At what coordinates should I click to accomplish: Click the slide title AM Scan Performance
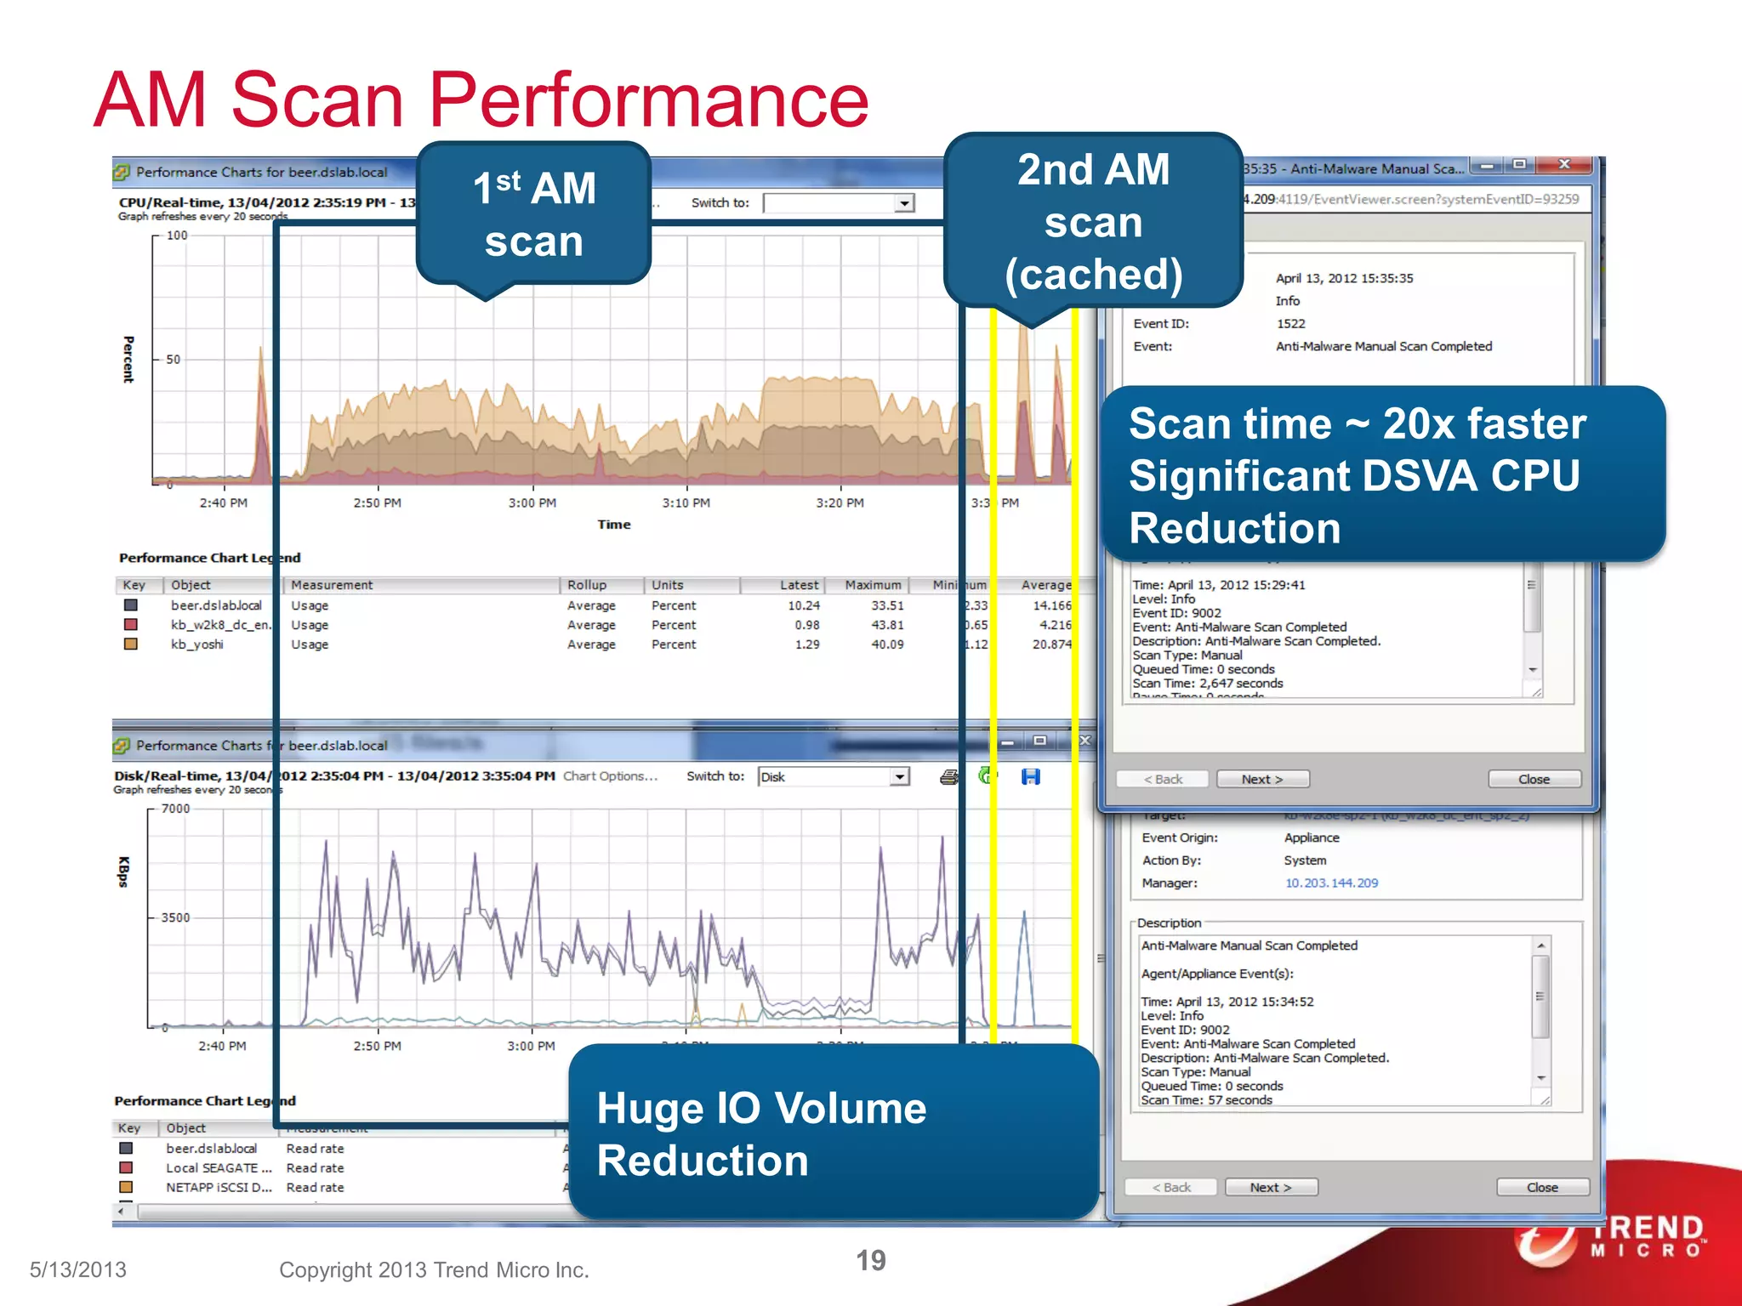click(481, 100)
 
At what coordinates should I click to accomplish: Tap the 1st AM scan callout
click(534, 214)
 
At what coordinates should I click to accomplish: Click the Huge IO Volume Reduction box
click(834, 1133)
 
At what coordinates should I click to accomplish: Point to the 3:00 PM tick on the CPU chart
click(532, 503)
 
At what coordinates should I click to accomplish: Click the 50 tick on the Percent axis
click(173, 360)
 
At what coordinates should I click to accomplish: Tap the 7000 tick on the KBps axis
click(175, 809)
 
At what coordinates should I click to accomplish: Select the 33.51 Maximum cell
click(886, 605)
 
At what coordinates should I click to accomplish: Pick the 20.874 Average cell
click(1051, 644)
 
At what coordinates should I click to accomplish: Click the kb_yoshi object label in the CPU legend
click(197, 644)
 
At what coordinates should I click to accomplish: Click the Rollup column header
click(587, 585)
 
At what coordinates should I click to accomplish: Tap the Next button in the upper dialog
click(1262, 779)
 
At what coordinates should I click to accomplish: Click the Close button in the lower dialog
click(1542, 1187)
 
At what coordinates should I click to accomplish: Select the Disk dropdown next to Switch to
click(834, 776)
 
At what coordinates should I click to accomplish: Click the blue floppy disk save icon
click(1031, 776)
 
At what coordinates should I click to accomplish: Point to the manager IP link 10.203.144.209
click(1331, 883)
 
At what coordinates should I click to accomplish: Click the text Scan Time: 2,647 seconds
click(1208, 683)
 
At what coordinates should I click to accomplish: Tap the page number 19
click(870, 1260)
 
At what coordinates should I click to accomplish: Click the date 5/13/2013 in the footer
click(78, 1269)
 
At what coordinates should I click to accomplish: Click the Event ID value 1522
click(1290, 323)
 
